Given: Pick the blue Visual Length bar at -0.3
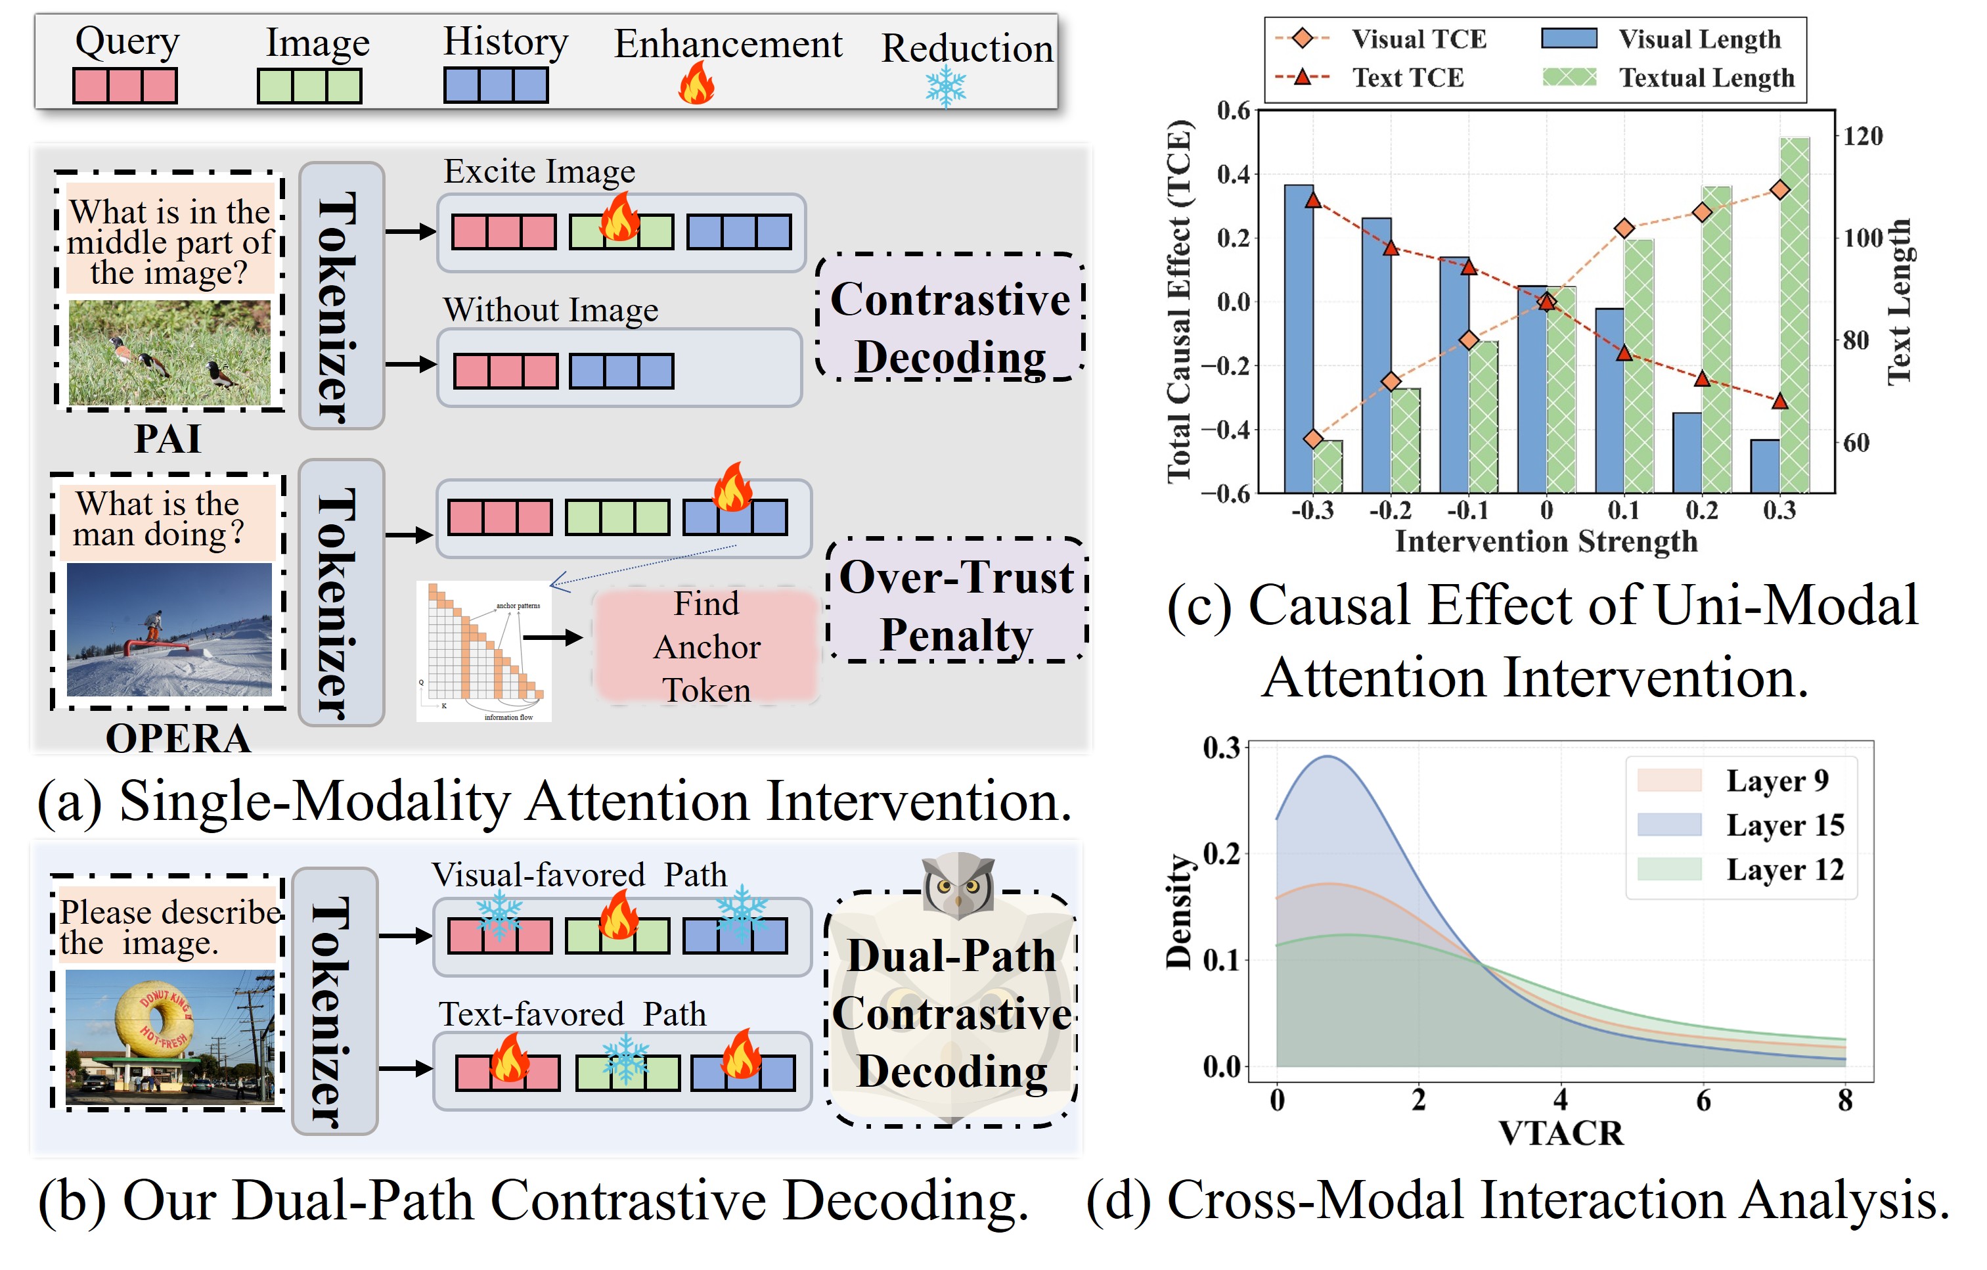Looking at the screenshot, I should (x=1299, y=338).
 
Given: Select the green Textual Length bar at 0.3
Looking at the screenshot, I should (x=1795, y=313).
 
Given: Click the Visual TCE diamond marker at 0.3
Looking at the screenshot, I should (x=1780, y=190).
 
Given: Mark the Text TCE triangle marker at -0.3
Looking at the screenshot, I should (x=1313, y=200).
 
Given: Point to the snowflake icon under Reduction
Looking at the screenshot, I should (x=946, y=87).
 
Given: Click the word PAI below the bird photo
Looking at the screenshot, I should (x=167, y=438).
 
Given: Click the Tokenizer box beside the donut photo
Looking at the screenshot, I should (x=334, y=1000).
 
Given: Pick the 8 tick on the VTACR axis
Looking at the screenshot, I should (x=1845, y=1100).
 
